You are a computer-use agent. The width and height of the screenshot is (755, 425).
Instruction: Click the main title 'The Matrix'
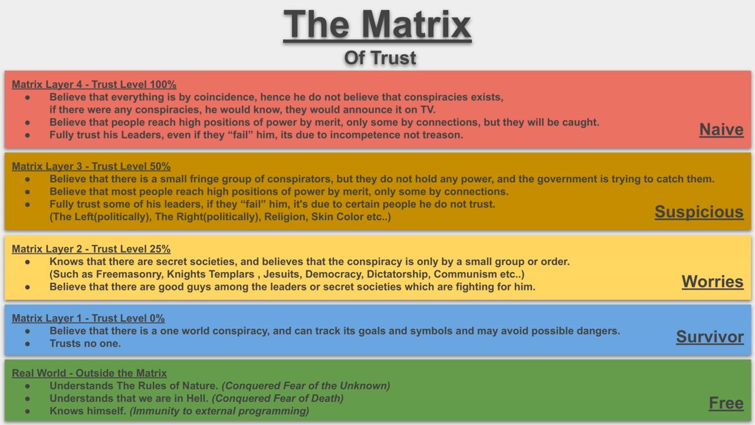point(377,25)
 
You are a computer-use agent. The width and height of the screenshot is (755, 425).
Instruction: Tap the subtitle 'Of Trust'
point(380,58)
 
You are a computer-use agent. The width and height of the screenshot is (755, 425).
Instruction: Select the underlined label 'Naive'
point(721,130)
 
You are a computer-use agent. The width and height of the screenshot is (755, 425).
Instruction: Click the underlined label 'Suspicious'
point(699,212)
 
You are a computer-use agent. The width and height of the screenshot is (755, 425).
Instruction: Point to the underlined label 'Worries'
point(713,282)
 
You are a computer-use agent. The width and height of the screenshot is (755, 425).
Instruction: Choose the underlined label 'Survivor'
point(710,337)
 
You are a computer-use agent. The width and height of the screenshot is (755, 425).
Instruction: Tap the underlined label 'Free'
point(726,403)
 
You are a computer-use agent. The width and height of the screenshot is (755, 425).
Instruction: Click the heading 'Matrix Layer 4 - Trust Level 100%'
point(94,84)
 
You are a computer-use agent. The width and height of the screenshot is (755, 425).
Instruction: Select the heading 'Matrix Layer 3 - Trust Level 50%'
point(91,166)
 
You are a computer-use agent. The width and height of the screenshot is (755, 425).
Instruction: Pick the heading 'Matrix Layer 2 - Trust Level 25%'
point(91,249)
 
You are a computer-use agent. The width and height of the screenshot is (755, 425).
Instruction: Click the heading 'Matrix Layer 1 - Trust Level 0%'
point(88,318)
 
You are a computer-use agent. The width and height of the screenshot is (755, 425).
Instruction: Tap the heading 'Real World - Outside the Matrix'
point(89,374)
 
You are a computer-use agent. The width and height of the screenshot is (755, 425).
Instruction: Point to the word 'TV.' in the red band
point(428,110)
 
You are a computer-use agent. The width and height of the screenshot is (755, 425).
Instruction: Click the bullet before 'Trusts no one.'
point(28,344)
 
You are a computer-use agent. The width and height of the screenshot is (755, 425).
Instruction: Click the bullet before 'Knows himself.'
point(28,411)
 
